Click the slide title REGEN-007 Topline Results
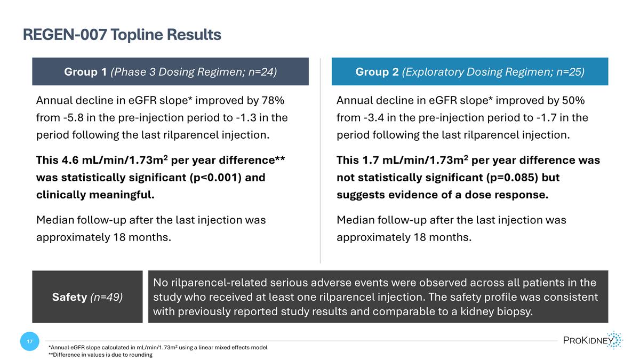pos(122,35)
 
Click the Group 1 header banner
pos(170,71)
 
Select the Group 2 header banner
pos(469,71)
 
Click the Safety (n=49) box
pos(87,297)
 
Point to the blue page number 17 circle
pos(29,341)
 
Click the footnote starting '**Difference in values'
pos(100,355)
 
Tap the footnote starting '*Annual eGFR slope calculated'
pos(157,348)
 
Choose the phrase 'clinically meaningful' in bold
pos(95,195)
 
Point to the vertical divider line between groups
pos(320,160)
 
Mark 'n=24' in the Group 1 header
pos(261,71)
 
